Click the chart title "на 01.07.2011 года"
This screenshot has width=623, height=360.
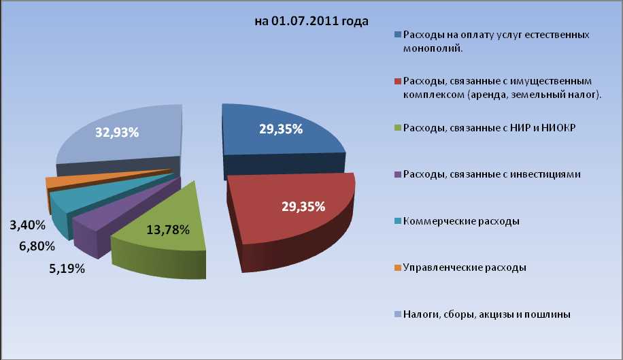coord(311,21)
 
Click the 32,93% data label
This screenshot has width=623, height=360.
coord(117,133)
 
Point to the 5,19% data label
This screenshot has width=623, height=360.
coord(65,269)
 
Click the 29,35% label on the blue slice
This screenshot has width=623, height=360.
coord(280,129)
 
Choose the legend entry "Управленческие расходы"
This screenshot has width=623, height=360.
coord(464,267)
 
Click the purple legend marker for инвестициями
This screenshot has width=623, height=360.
coord(397,175)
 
